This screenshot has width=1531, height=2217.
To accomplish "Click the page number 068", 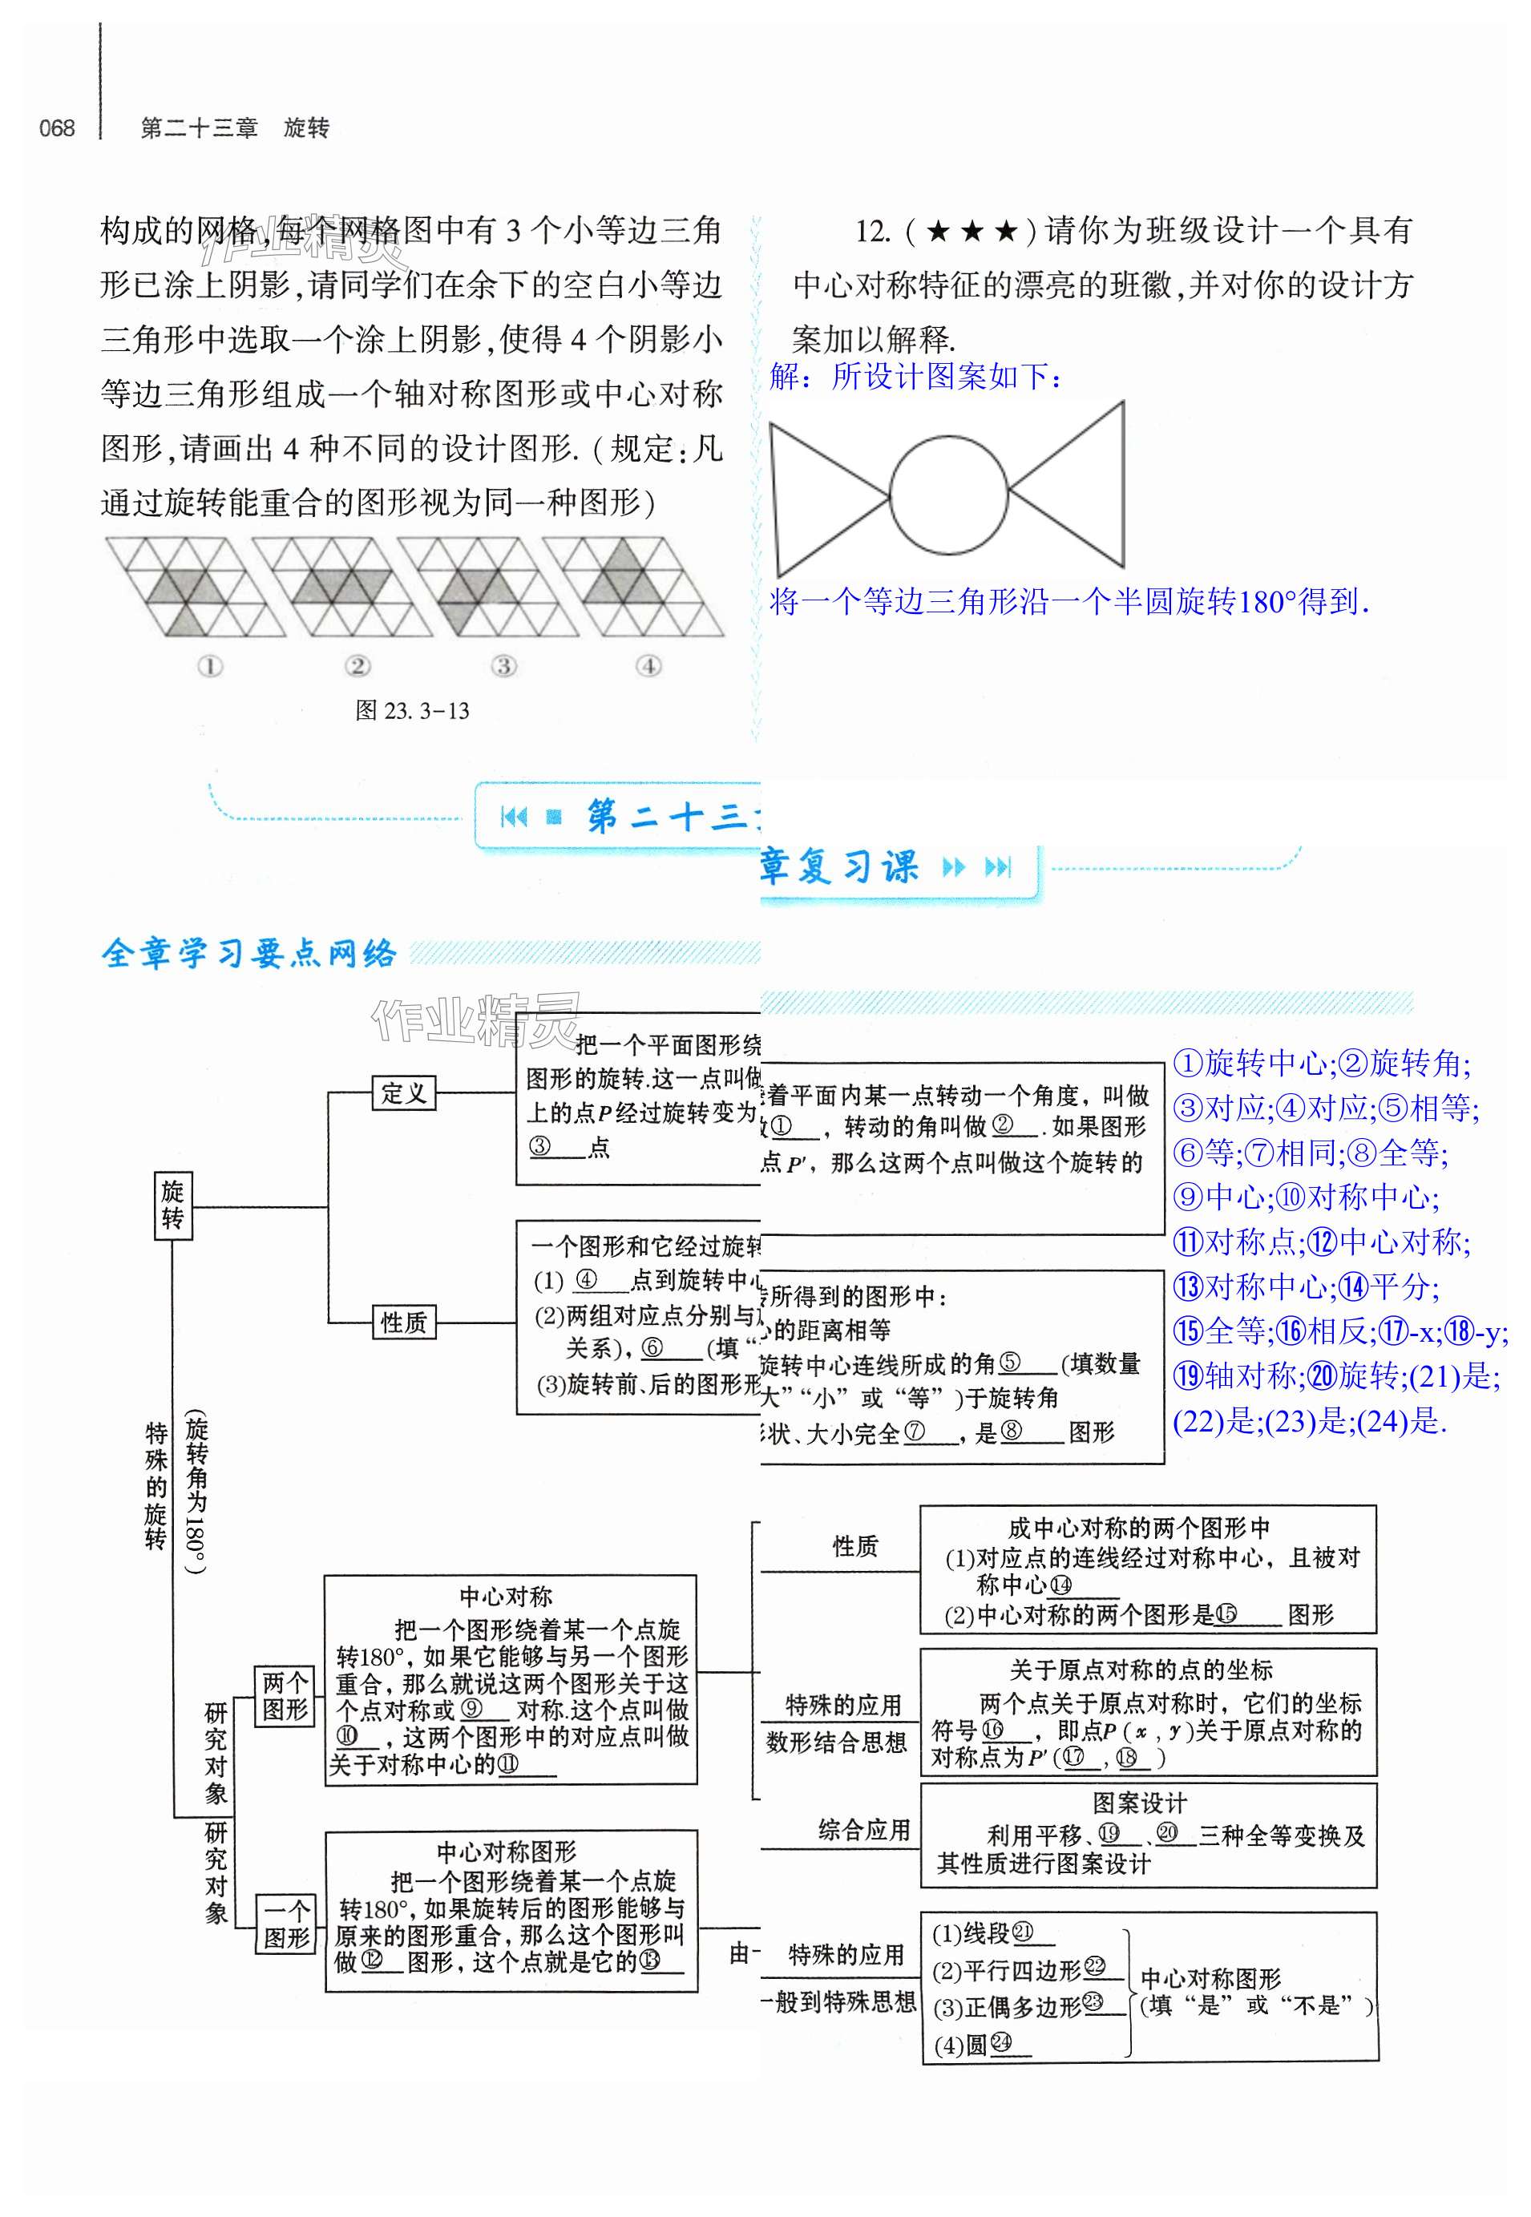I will (x=57, y=128).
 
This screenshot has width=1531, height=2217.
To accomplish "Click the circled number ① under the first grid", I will (x=209, y=666).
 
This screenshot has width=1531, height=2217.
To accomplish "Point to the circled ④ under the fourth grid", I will (x=649, y=666).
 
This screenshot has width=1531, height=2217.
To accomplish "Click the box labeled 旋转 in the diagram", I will (x=172, y=1205).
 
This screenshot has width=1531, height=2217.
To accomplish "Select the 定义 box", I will (x=403, y=1092).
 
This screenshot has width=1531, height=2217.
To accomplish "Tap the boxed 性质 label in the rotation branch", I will (x=403, y=1323).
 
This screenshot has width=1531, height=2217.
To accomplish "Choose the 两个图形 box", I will (x=285, y=1696).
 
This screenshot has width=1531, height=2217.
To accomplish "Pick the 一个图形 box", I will (x=285, y=1925).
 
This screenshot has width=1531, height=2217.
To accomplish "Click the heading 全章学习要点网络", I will (x=248, y=954).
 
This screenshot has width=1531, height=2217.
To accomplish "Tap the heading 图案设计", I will (x=1139, y=1803).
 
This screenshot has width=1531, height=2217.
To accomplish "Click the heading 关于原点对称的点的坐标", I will (x=1141, y=1670).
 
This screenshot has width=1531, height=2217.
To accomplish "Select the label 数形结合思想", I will (x=835, y=1743).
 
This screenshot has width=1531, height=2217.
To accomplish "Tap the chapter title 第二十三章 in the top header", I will (x=200, y=128).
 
